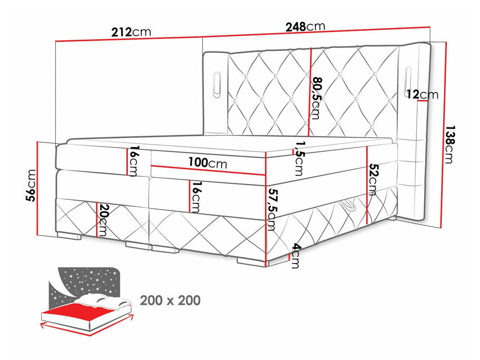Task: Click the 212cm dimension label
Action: point(131,32)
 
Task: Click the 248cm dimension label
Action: point(305,27)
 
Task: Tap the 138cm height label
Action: point(450,144)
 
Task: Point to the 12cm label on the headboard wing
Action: point(423,95)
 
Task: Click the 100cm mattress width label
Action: point(208,163)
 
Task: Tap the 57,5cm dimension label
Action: point(271,209)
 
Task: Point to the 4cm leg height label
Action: point(295,256)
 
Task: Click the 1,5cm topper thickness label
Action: point(298,159)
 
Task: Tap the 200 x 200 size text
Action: point(170,300)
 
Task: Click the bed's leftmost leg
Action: point(69,236)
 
